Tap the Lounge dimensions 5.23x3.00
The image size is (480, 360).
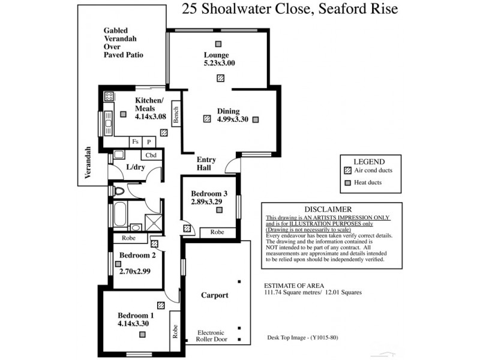pos(219,63)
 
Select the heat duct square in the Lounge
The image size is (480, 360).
pos(220,43)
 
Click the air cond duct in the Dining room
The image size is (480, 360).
pos(207,119)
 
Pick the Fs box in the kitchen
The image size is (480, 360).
pos(136,142)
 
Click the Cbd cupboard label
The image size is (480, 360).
pos(151,155)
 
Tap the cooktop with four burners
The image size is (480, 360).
pos(109,97)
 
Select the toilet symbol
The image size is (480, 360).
pos(118,191)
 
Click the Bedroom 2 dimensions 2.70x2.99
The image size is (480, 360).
pos(136,271)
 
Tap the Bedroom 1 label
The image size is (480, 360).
pos(136,316)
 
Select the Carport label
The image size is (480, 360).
pos(214,295)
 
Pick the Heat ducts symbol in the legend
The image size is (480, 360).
pos(347,182)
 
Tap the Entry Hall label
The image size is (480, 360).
pos(206,164)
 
